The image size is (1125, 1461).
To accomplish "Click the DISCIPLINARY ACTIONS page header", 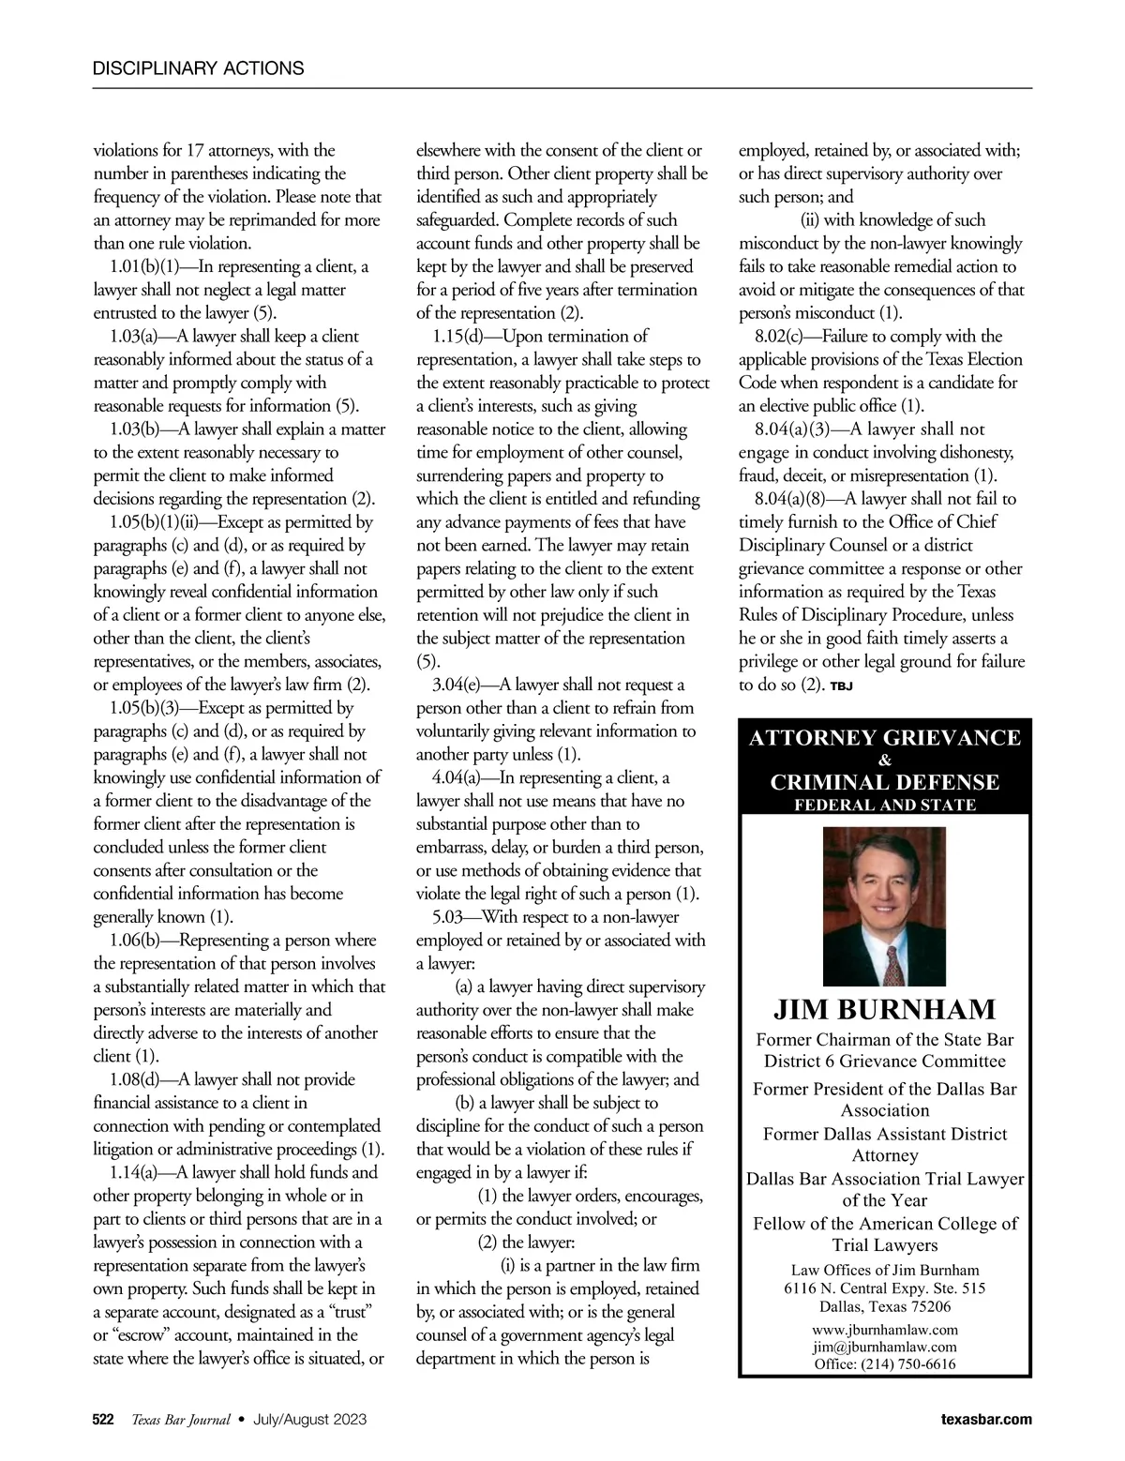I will point(199,68).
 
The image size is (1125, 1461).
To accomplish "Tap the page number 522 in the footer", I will point(103,1420).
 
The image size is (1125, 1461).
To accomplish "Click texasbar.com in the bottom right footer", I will point(985,1420).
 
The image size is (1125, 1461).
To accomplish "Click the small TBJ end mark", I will point(841,686).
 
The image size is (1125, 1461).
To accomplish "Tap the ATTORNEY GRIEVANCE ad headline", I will point(885,738).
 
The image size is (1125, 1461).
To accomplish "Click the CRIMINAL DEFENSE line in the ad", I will point(885,782).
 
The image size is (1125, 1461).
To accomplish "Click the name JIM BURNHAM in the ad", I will point(885,1010).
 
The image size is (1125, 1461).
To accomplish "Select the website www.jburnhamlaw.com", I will point(885,1330).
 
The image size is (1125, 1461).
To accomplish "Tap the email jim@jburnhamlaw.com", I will point(885,1347).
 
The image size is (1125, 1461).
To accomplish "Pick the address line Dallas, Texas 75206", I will point(885,1306).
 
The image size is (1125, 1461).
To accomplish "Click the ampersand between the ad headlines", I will point(885,761).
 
